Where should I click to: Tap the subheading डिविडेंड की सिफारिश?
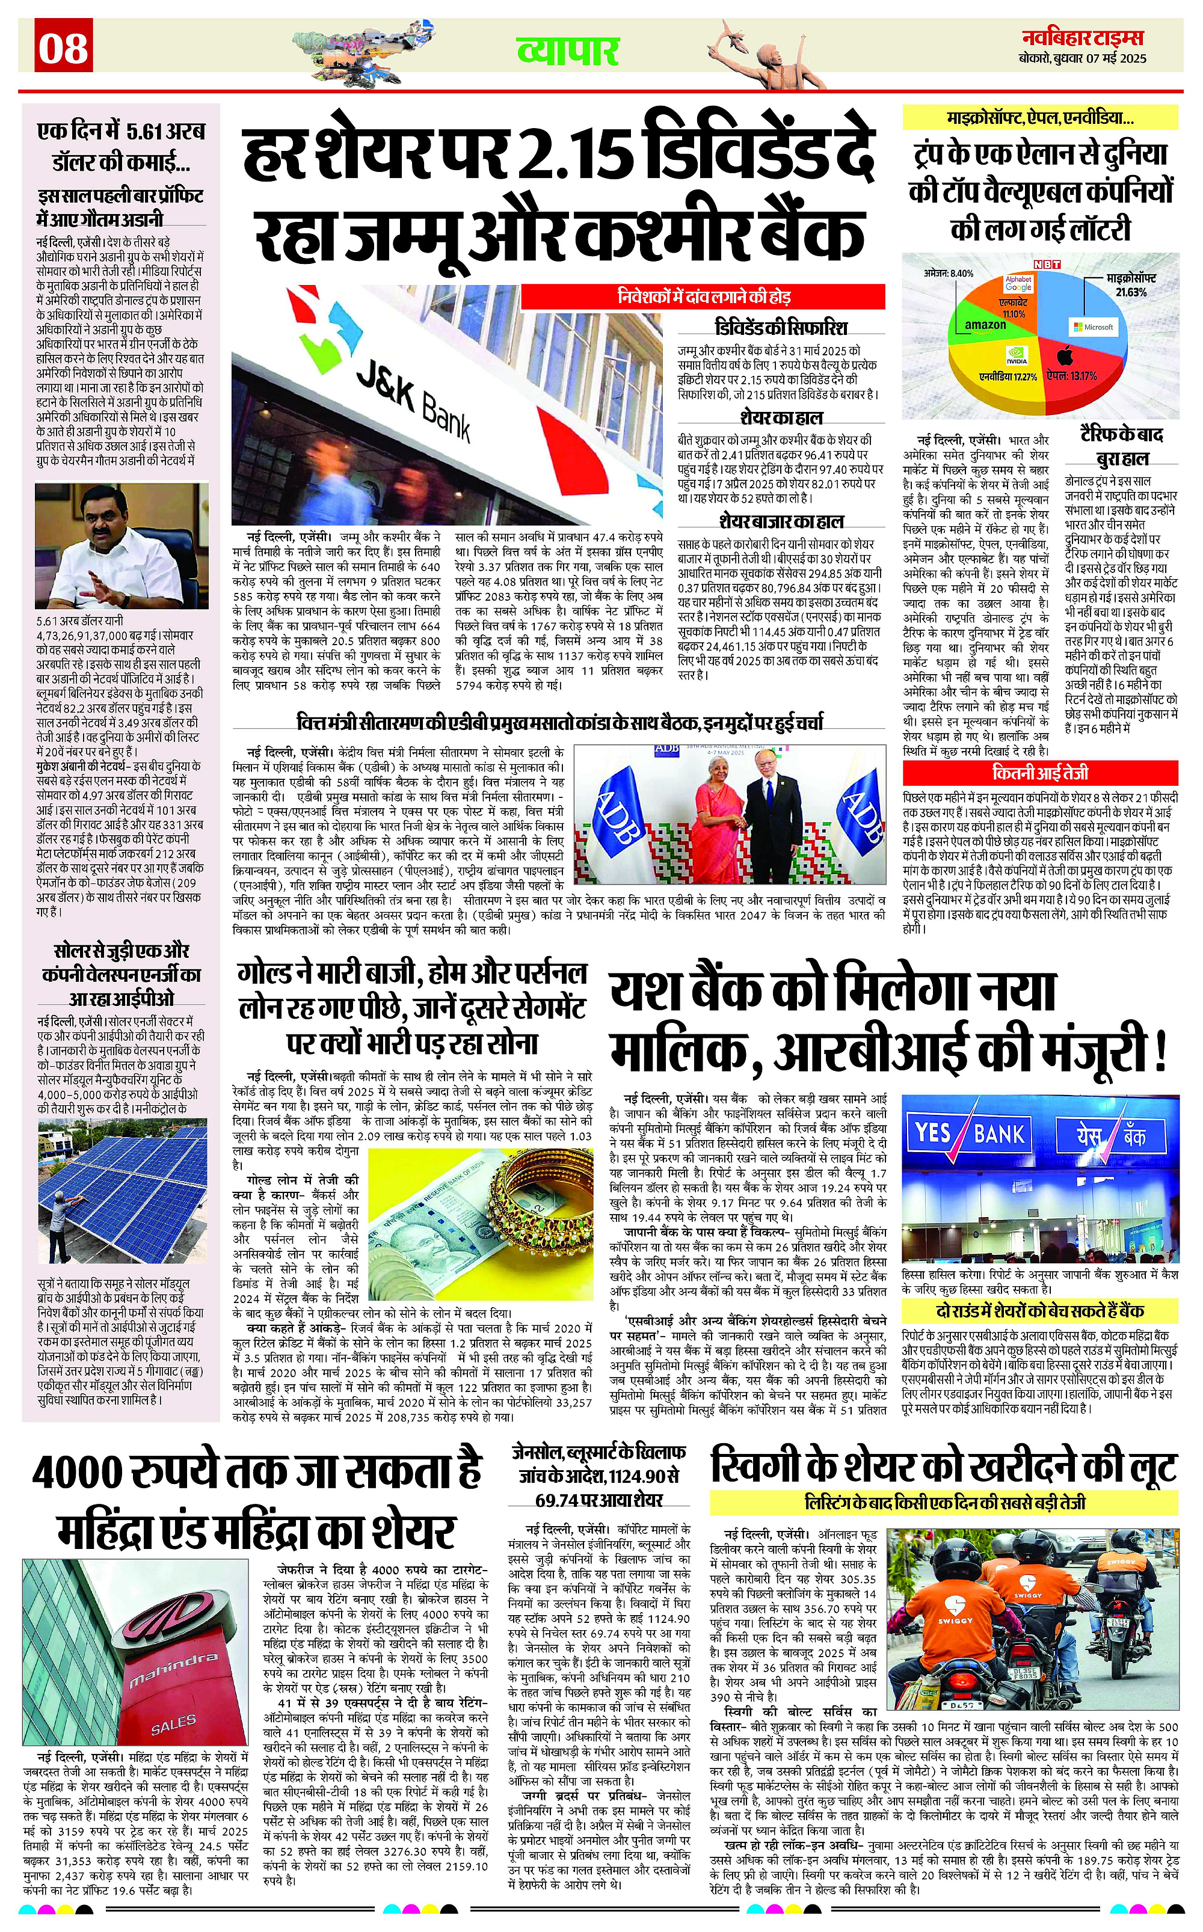[779, 328]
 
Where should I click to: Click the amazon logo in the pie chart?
[985, 325]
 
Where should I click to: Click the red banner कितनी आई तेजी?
[1040, 772]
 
